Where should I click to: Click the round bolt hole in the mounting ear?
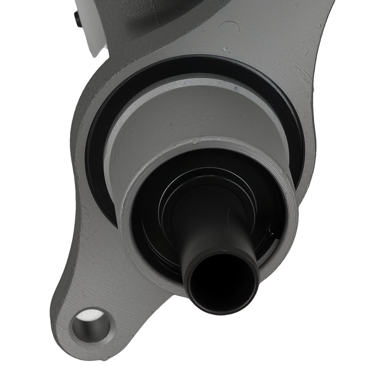(x=91, y=325)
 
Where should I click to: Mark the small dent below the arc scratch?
(x=226, y=48)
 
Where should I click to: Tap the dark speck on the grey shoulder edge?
(x=236, y=89)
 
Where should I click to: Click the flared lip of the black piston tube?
(x=221, y=259)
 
